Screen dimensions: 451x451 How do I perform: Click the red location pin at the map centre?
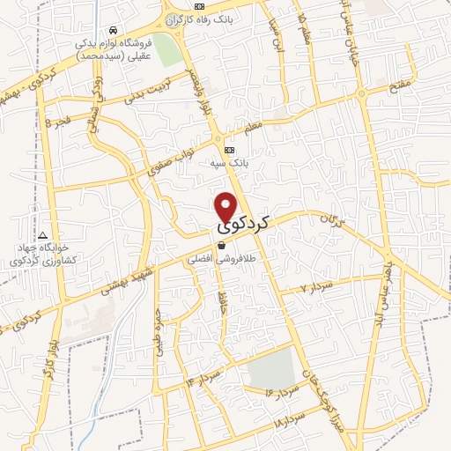coord(226,206)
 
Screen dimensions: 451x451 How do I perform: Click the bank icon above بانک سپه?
coord(229,150)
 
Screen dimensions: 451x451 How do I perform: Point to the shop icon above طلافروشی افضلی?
coord(221,247)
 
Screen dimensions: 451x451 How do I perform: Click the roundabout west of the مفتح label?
coord(361,94)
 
